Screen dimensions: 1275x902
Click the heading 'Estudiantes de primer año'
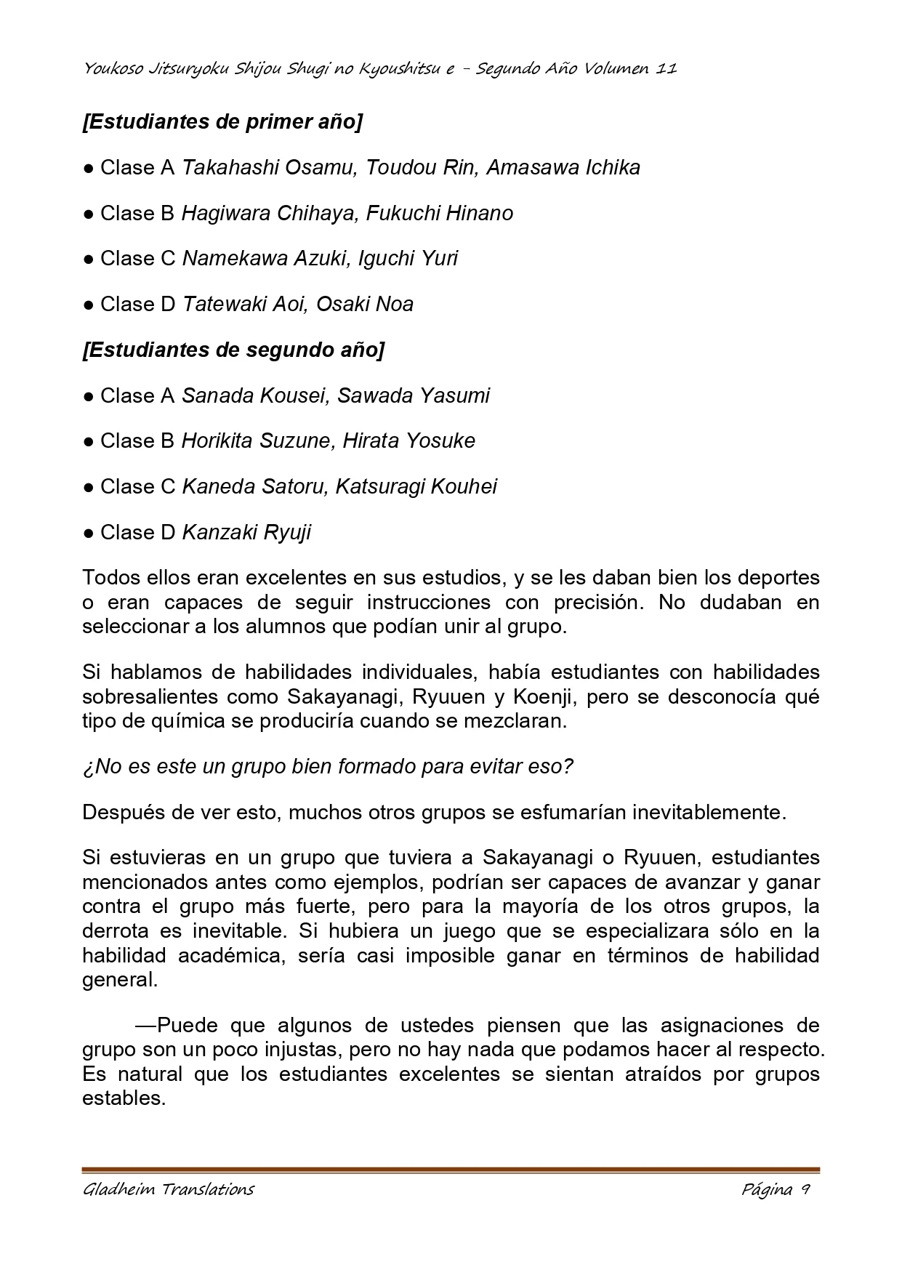click(x=222, y=122)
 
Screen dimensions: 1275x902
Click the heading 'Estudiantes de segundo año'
click(x=233, y=350)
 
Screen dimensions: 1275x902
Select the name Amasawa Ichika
click(x=563, y=168)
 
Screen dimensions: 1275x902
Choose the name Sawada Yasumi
click(x=414, y=395)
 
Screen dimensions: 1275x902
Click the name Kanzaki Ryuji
click(x=246, y=533)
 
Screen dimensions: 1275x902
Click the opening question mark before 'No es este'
click(x=88, y=767)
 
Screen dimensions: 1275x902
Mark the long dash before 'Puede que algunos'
click(x=146, y=1026)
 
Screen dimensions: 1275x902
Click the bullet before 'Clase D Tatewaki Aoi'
click(x=88, y=305)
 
